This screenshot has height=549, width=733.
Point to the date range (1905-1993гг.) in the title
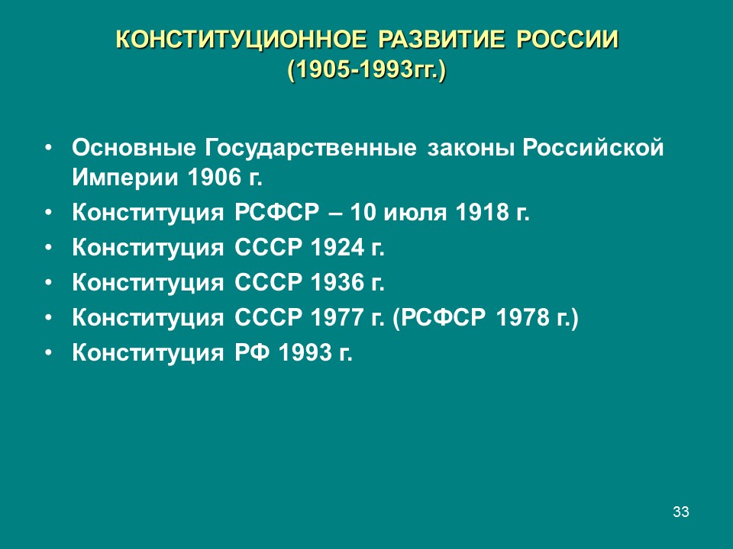(366, 71)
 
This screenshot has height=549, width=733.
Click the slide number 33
(681, 512)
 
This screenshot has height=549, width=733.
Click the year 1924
(337, 248)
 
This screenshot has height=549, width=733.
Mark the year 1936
(337, 283)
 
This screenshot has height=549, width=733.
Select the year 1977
(337, 318)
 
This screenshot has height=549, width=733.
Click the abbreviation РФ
(250, 353)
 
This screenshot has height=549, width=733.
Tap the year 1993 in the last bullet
(305, 353)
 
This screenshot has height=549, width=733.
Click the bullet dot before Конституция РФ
(50, 353)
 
